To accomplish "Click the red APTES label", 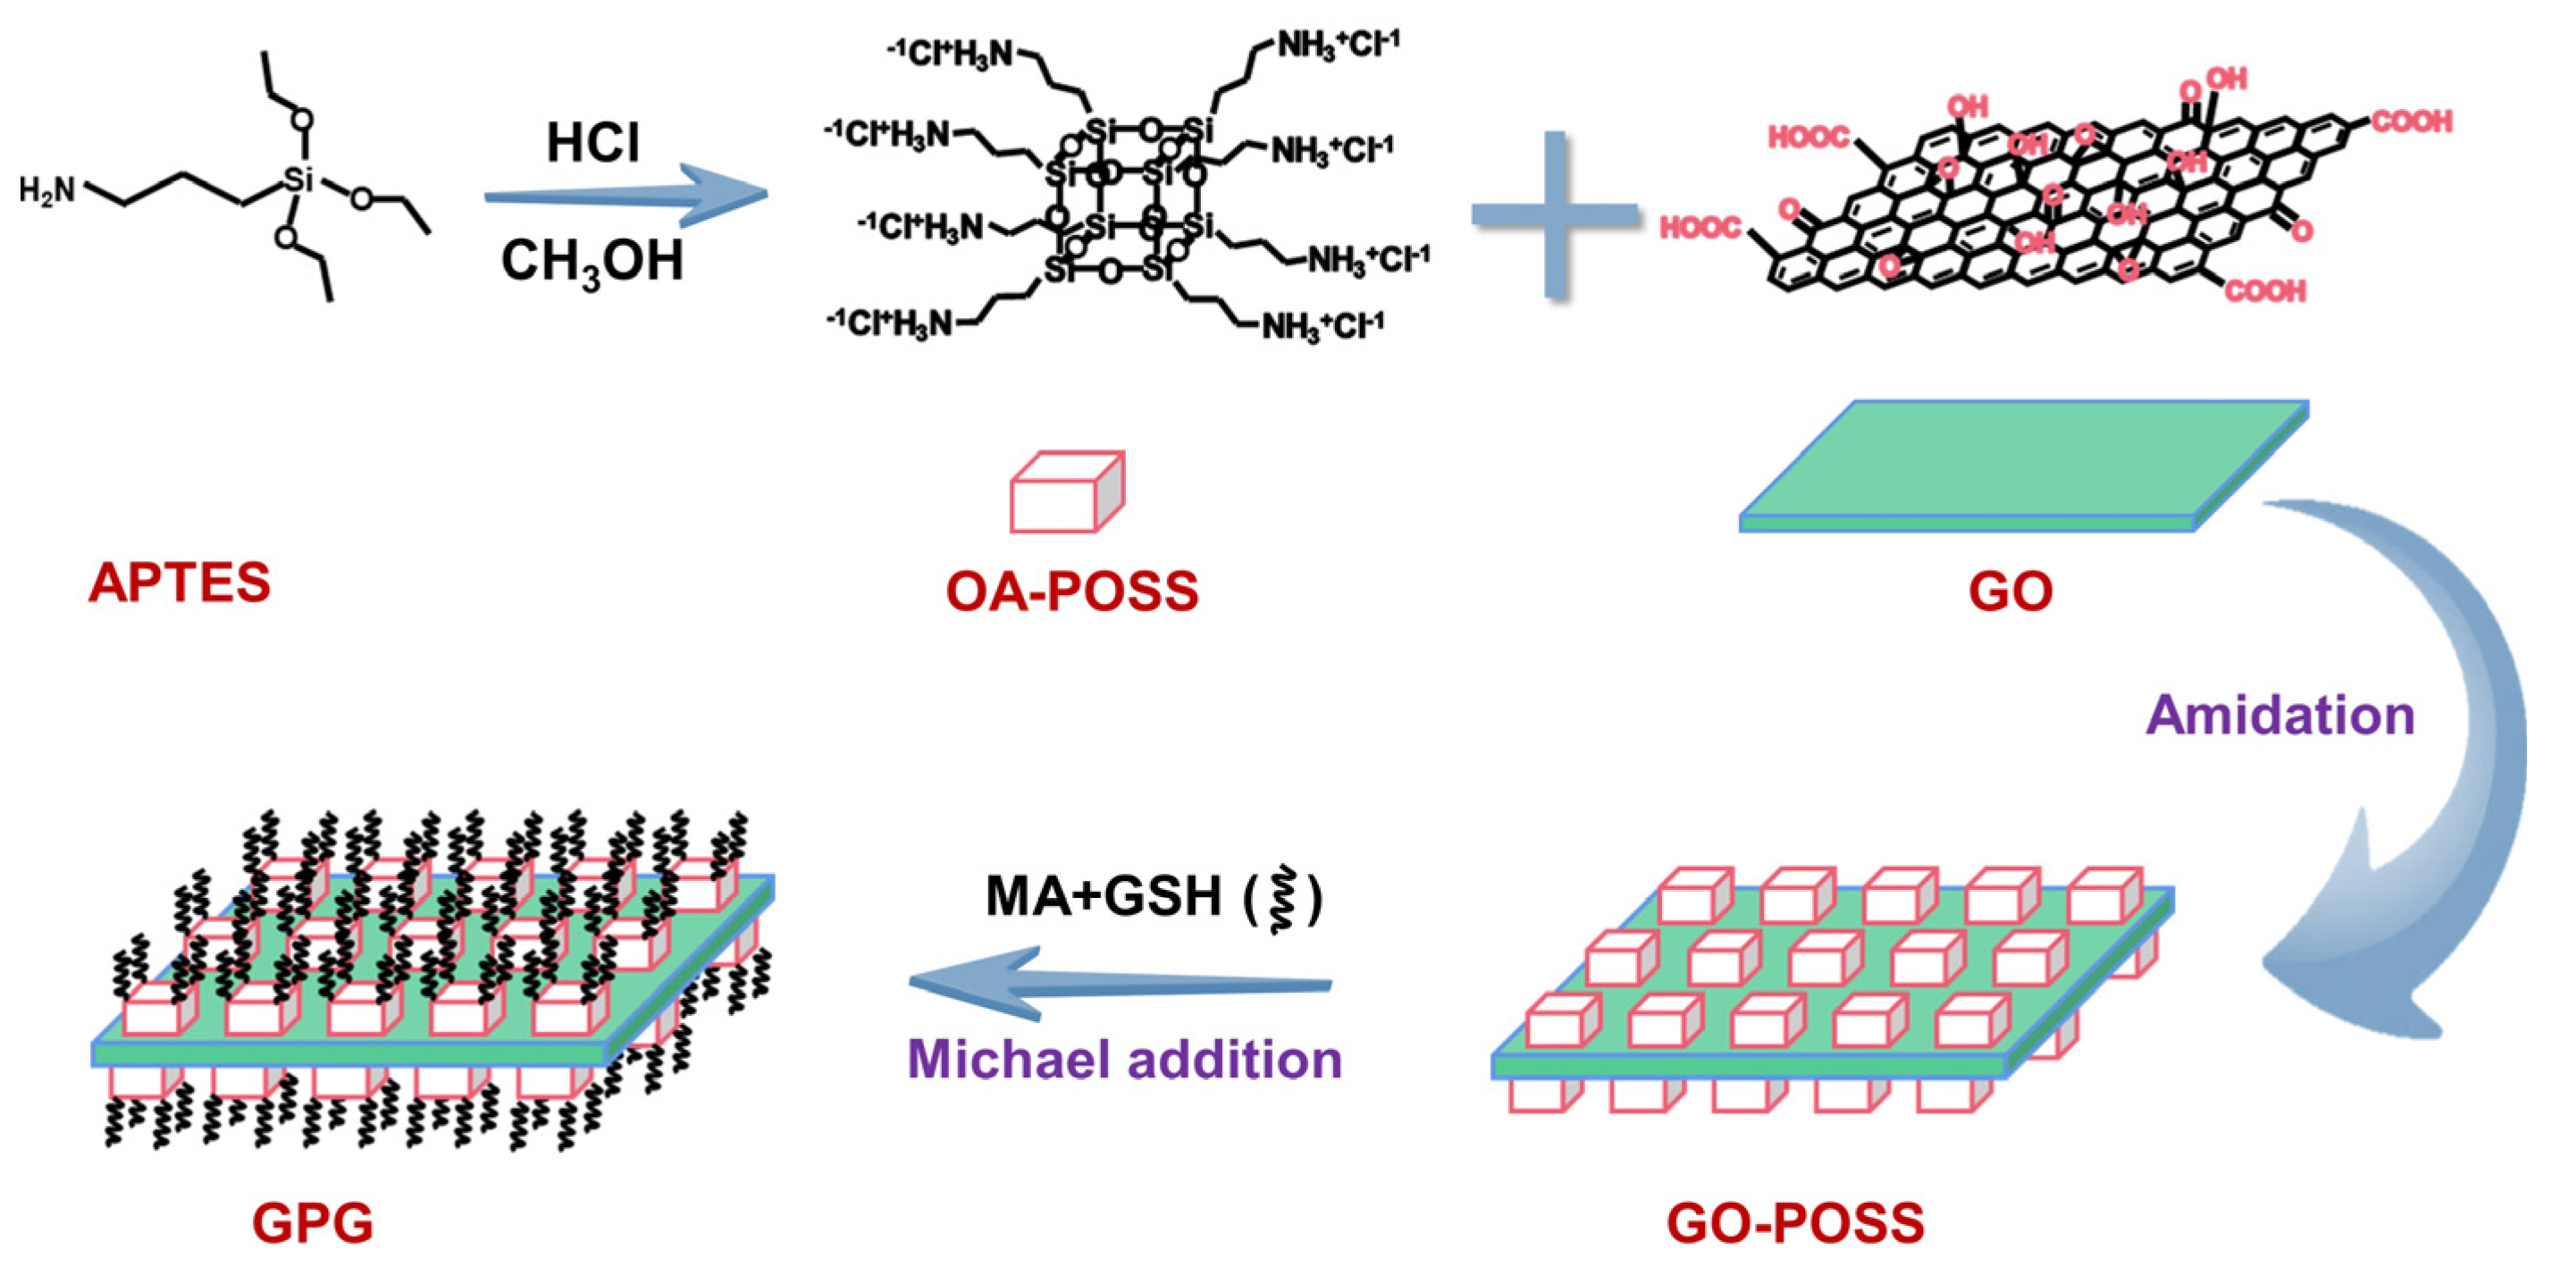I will [x=180, y=583].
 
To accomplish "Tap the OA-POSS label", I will [x=1072, y=591].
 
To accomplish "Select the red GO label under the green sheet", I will [x=2011, y=591].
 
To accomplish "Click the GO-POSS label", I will [x=1795, y=1222].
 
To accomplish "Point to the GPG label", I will [x=313, y=1222].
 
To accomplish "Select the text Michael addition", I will [x=1124, y=1059].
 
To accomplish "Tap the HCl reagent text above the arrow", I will [x=592, y=143].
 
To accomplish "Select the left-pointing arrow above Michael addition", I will [x=1120, y=984].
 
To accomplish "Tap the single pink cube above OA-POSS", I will [x=1066, y=492].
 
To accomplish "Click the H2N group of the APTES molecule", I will [x=46, y=189].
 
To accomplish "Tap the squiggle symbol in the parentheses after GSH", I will [x=1282, y=899].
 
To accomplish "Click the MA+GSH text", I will [x=1103, y=896].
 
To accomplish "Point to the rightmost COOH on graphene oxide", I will [x=2412, y=122].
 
